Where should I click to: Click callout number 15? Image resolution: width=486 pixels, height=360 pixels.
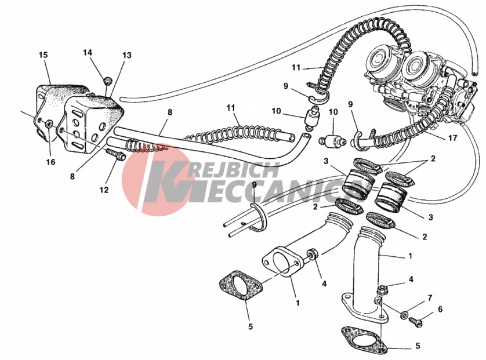pos(43,55)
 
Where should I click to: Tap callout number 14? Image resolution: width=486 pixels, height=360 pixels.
pos(88,53)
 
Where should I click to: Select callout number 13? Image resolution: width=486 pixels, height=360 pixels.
pos(126,56)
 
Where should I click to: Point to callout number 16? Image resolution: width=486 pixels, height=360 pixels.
pos(51,162)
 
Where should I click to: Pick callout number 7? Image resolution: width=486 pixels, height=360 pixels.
pos(429,298)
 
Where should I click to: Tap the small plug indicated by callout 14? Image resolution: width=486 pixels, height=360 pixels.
pos(107,78)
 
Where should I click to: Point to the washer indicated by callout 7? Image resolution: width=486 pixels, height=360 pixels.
pos(404,315)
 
